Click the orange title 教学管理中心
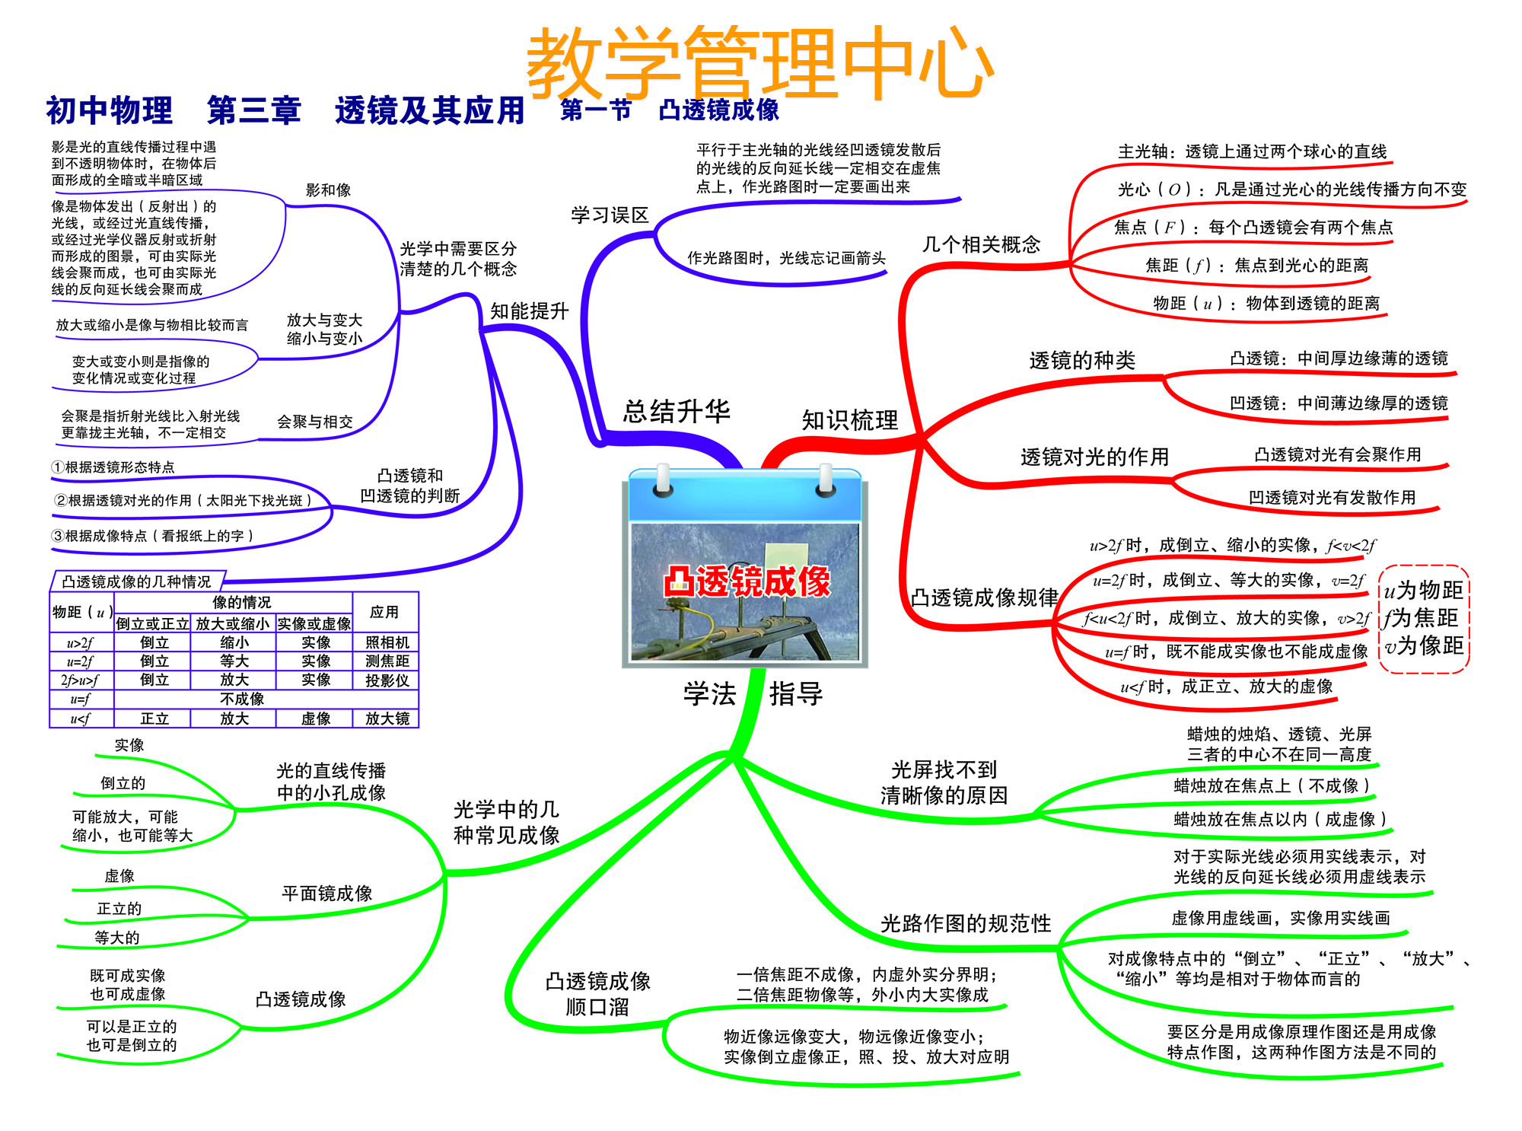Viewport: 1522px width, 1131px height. pyautogui.click(x=759, y=62)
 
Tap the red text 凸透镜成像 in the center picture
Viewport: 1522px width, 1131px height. pyautogui.click(x=747, y=581)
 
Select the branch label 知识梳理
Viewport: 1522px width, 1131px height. pyautogui.click(x=850, y=419)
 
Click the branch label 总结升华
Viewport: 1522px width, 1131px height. pyautogui.click(x=677, y=411)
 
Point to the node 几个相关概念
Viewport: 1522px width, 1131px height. pyautogui.click(x=981, y=244)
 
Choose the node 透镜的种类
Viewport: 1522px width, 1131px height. pyautogui.click(x=1082, y=360)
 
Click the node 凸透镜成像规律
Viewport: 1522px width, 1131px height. pyautogui.click(x=985, y=597)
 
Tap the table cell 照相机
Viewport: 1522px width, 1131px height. pyautogui.click(x=387, y=642)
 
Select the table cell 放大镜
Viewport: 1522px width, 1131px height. pyautogui.click(x=387, y=718)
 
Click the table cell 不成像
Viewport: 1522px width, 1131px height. pyautogui.click(x=242, y=699)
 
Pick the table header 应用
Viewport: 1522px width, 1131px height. pyautogui.click(x=384, y=612)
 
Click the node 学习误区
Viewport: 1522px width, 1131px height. pyautogui.click(x=610, y=215)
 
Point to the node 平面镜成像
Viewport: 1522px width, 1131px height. pyautogui.click(x=326, y=893)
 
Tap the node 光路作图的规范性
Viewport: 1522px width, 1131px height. pyautogui.click(x=966, y=923)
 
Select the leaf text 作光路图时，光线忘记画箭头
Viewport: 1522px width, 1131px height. pyautogui.click(x=786, y=258)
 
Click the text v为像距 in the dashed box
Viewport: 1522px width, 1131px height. pyautogui.click(x=1424, y=645)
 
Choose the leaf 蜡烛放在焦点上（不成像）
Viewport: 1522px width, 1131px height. pyautogui.click(x=1272, y=785)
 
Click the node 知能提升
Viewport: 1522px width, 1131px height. pyautogui.click(x=530, y=311)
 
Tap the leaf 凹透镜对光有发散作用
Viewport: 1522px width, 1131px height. pyautogui.click(x=1332, y=497)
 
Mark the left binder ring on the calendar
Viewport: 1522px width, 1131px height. pyautogui.click(x=663, y=479)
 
